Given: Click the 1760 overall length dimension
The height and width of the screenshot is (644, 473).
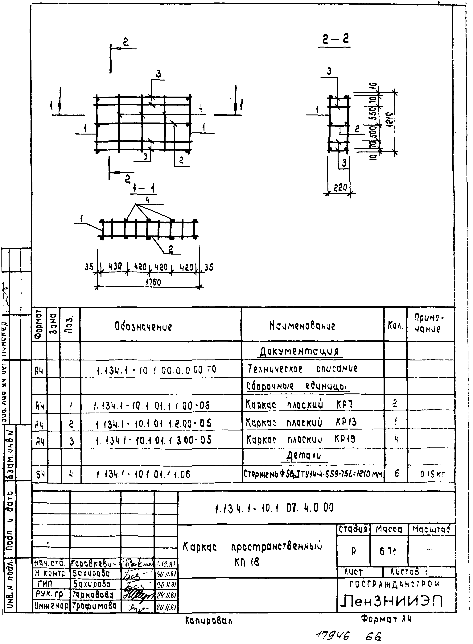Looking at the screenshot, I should (153, 282).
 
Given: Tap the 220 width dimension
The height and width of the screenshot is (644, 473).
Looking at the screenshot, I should (340, 188).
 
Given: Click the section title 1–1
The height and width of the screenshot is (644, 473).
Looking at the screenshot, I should (144, 189).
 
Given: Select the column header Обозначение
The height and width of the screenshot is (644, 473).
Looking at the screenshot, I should (143, 326).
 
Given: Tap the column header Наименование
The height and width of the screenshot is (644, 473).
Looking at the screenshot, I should (302, 326).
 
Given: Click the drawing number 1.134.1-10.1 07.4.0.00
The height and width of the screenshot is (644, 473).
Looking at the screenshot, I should (274, 508).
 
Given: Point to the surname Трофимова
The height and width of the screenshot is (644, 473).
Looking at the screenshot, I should (95, 606).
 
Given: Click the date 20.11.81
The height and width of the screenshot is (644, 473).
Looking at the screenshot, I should (166, 606).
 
